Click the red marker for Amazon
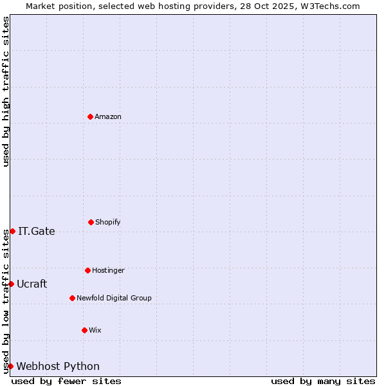(x=90, y=116)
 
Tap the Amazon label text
(x=108, y=117)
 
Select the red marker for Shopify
(x=91, y=222)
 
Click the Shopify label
(x=108, y=223)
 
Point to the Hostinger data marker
(x=87, y=270)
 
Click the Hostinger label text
(x=108, y=271)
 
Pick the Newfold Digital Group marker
(x=72, y=298)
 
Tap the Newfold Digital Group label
(x=114, y=299)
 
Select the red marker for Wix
(x=84, y=330)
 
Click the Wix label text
(x=95, y=331)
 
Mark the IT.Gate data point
(x=12, y=231)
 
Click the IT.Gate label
(x=37, y=232)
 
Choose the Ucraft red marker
(x=11, y=284)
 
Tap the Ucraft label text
(x=32, y=284)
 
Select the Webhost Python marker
(x=10, y=366)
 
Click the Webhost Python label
(x=58, y=367)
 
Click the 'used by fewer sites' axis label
(x=66, y=381)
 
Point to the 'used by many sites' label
(x=323, y=381)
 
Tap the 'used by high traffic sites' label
(x=6, y=91)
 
